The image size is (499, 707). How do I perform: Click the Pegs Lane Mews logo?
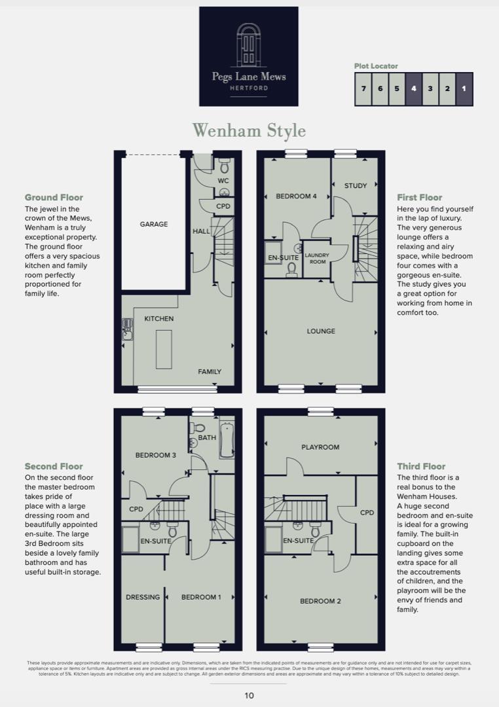click(248, 56)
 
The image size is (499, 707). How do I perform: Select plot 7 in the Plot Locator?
click(363, 88)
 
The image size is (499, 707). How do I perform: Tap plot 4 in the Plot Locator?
click(414, 88)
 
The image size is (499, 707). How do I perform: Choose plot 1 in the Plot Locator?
click(464, 88)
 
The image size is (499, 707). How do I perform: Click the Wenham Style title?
click(249, 130)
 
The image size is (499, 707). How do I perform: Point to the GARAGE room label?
click(154, 224)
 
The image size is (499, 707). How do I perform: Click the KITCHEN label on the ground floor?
click(159, 319)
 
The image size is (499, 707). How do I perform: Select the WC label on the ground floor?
click(223, 181)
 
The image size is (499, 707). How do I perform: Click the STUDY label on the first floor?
click(356, 186)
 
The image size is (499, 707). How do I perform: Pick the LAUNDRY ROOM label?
click(317, 258)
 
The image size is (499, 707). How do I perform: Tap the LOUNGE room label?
click(321, 331)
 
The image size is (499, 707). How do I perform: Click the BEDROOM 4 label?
click(296, 196)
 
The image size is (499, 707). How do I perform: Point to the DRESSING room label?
click(143, 597)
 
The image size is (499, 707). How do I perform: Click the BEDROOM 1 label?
click(201, 597)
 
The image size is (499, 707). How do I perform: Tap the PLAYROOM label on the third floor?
click(320, 447)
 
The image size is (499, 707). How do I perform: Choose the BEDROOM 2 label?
click(320, 601)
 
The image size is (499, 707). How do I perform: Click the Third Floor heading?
click(421, 467)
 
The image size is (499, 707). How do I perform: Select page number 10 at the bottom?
click(249, 696)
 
